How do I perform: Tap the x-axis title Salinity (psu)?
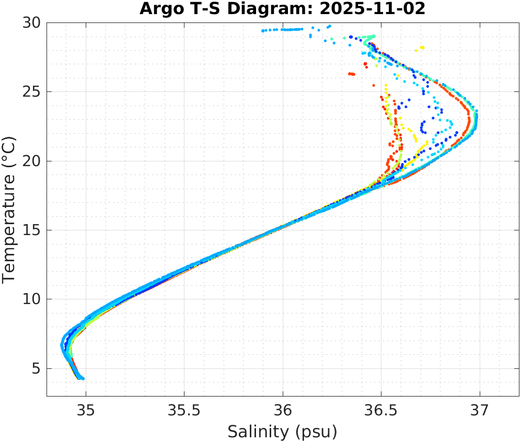[x=282, y=432]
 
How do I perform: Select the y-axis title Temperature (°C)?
[x=9, y=209]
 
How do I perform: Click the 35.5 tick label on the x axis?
[x=184, y=411]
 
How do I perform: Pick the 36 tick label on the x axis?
[x=283, y=411]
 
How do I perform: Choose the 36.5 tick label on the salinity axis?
[x=381, y=411]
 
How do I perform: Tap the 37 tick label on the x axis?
[x=480, y=411]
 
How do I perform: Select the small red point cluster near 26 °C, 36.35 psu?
[x=352, y=74]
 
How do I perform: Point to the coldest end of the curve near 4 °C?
[x=81, y=378]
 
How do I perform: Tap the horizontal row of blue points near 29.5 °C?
[x=282, y=30]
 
